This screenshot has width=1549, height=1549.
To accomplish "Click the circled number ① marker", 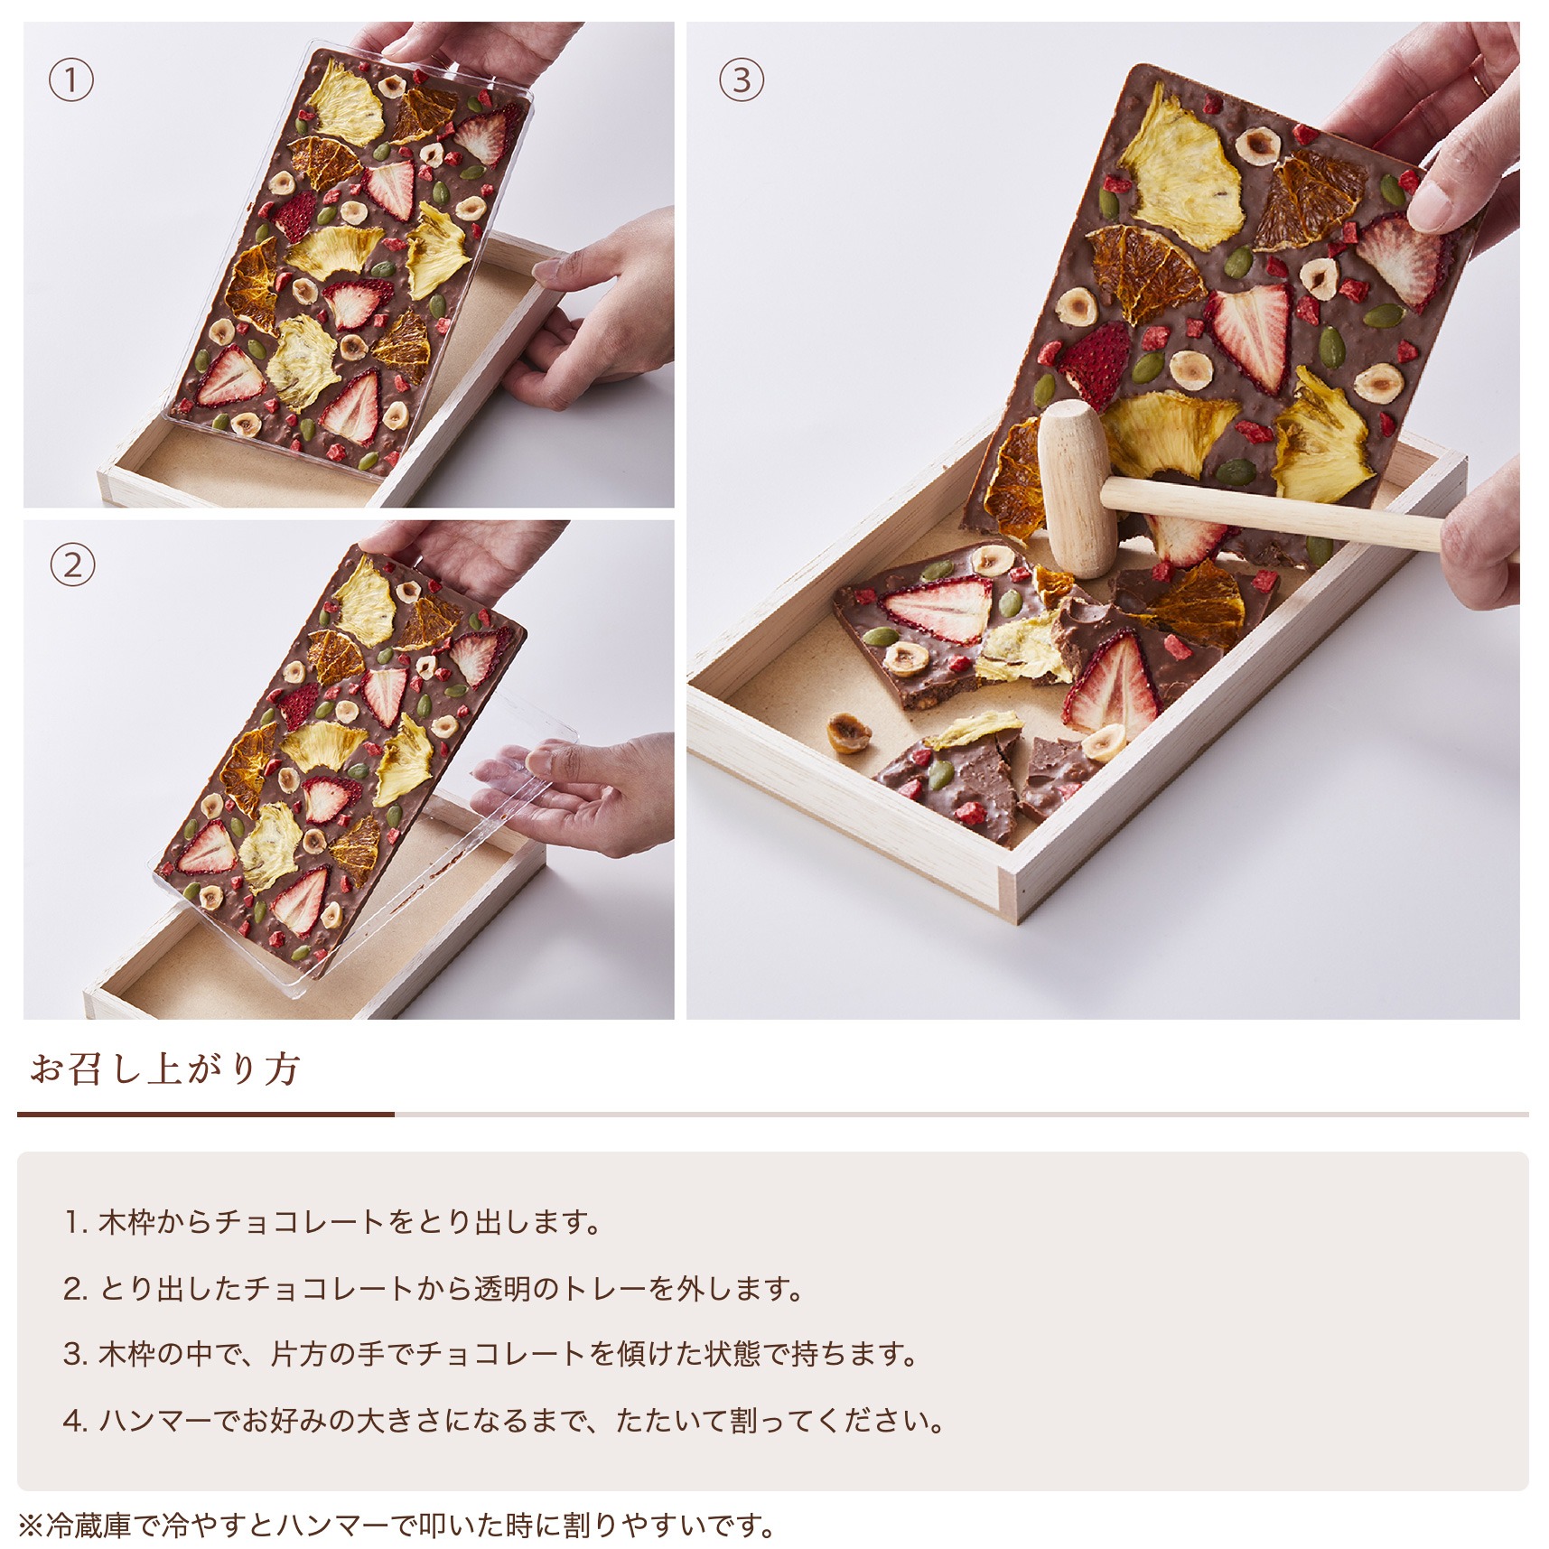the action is pyautogui.click(x=70, y=80).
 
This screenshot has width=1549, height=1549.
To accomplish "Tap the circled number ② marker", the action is pyautogui.click(x=71, y=566).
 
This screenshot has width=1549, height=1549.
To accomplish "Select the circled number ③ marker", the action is pyautogui.click(x=741, y=79).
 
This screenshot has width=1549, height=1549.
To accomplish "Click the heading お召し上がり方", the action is pyautogui.click(x=165, y=1068).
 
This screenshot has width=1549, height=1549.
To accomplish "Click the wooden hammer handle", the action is pyautogui.click(x=1274, y=513).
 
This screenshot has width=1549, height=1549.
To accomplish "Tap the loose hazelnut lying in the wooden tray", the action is pyautogui.click(x=849, y=733).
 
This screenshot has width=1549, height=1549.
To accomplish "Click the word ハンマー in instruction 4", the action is pyautogui.click(x=156, y=1421).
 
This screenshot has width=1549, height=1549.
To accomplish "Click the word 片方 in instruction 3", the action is pyautogui.click(x=299, y=1354).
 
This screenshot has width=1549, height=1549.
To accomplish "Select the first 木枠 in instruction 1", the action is pyautogui.click(x=127, y=1222).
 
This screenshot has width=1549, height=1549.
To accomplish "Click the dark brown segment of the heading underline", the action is pyautogui.click(x=206, y=1115).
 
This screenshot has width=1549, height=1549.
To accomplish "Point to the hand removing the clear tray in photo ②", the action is pyautogui.click(x=587, y=790).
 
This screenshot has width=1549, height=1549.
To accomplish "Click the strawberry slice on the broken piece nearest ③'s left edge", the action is pyautogui.click(x=937, y=610).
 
